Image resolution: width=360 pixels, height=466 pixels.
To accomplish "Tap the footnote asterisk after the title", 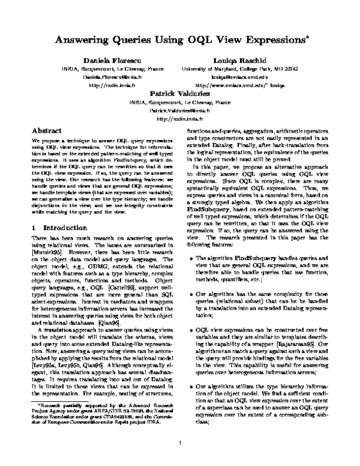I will [x=307, y=38].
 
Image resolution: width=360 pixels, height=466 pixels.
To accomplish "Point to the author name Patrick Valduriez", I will [x=179, y=94].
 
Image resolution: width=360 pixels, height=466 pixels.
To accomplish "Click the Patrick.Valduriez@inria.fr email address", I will [x=180, y=111].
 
